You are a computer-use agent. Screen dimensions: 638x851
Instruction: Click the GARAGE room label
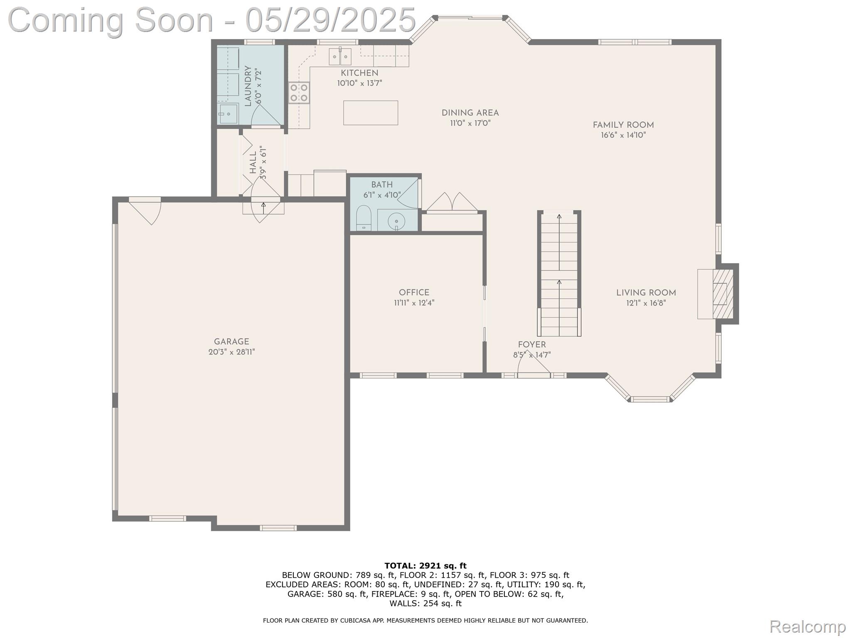point(231,342)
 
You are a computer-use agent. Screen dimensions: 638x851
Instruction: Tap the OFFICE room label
point(414,293)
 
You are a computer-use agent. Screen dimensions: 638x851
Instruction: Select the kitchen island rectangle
point(370,113)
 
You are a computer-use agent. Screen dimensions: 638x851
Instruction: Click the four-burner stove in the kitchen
point(299,93)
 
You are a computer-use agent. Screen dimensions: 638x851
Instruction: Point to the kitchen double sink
point(340,57)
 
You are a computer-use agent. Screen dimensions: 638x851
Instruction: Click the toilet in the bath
point(364,217)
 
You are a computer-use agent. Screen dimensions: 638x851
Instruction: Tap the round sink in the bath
point(396,221)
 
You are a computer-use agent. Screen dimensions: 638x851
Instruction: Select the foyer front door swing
point(533,365)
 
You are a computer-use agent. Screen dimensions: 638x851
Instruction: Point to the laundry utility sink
point(228,114)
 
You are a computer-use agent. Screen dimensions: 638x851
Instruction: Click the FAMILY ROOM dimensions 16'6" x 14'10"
point(623,135)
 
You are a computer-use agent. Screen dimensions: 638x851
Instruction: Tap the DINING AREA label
point(470,113)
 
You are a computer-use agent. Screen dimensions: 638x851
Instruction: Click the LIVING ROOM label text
point(646,293)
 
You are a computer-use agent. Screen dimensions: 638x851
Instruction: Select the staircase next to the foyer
point(559,274)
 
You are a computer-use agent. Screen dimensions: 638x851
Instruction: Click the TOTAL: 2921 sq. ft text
point(425,566)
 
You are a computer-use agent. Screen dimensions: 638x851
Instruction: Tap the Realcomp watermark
point(807,626)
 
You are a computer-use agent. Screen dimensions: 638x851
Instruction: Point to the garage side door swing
point(146,210)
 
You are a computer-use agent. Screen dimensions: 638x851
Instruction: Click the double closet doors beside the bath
point(452,203)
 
